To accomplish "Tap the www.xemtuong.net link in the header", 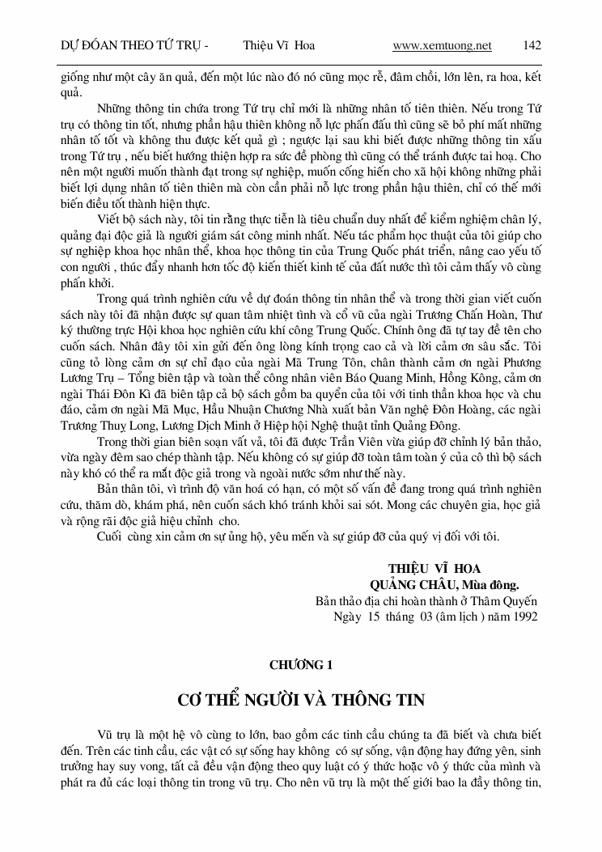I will click(x=442, y=46).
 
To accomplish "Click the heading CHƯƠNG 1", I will click(x=301, y=665).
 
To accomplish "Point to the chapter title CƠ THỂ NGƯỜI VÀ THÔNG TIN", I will click(x=301, y=700).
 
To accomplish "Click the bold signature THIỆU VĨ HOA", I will click(x=435, y=568).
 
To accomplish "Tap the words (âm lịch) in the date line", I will click(x=457, y=617).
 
